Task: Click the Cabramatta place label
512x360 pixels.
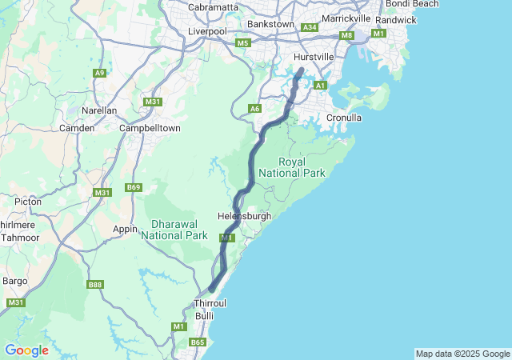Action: [213, 7]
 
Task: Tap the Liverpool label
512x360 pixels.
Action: [207, 31]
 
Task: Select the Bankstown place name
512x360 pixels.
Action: [271, 24]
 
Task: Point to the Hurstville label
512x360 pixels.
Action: [314, 58]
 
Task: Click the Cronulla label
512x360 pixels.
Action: [344, 118]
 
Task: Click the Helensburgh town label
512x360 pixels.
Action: [244, 216]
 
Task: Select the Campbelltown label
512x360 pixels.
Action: [150, 128]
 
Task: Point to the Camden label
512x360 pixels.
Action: [78, 128]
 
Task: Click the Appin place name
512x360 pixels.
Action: [126, 229]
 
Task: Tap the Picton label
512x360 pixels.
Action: [28, 202]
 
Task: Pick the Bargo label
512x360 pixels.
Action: [15, 281]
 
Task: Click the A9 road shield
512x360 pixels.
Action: [99, 73]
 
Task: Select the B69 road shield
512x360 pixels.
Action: [134, 188]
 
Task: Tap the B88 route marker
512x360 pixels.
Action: [96, 285]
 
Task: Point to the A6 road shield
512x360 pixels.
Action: [254, 108]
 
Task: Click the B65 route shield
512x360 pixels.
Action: [198, 342]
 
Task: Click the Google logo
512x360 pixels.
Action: [26, 350]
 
